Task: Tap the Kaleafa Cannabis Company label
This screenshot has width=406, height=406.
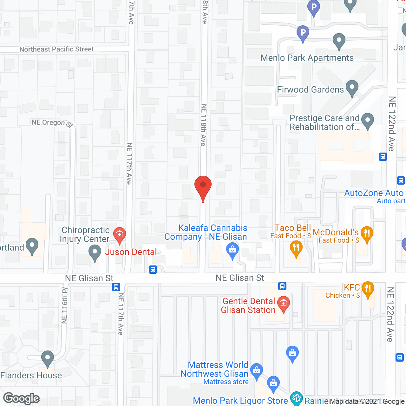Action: [x=206, y=232]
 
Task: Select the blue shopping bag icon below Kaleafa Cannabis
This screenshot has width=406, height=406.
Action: [x=232, y=250]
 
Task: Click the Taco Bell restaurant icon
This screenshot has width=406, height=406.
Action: [x=296, y=248]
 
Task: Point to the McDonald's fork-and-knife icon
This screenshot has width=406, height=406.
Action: [x=367, y=234]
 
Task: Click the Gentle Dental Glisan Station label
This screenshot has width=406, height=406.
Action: [x=248, y=305]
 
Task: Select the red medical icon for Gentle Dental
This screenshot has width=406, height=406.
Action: [x=284, y=303]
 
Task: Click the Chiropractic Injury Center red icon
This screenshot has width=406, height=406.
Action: [x=120, y=235]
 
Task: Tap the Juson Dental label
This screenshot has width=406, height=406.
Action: [x=131, y=252]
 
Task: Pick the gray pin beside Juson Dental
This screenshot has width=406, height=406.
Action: [x=95, y=253]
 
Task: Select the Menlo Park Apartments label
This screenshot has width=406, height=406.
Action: [x=307, y=58]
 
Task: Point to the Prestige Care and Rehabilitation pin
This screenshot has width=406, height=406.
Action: [x=368, y=121]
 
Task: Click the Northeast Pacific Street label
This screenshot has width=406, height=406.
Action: [x=56, y=49]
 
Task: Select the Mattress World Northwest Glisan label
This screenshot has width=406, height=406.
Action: [x=214, y=369]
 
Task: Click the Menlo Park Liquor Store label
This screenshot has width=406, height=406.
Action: [x=240, y=401]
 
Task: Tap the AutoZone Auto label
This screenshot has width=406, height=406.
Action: [x=374, y=193]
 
